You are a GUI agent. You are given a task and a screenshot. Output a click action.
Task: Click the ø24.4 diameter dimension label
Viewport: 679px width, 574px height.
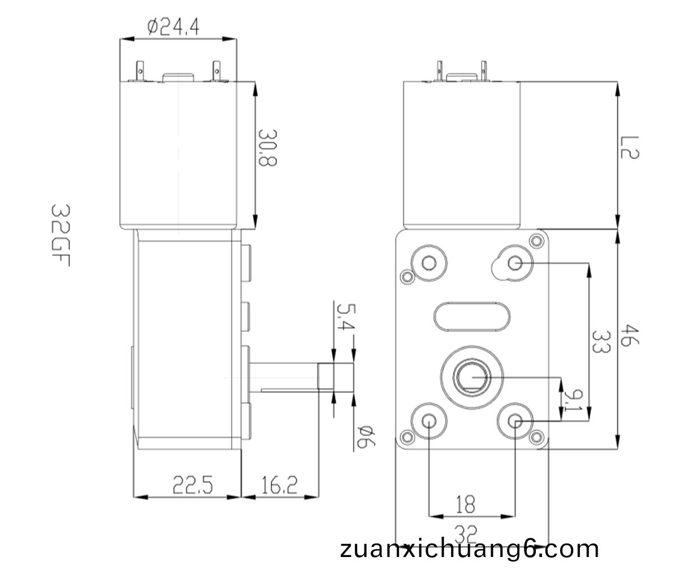(173, 27)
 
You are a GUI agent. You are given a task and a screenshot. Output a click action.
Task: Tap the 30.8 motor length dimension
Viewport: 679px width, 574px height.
(267, 148)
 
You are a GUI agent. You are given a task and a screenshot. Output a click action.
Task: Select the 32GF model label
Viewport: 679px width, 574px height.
(61, 235)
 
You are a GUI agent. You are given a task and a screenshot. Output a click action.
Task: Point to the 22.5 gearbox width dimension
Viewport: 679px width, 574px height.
(192, 485)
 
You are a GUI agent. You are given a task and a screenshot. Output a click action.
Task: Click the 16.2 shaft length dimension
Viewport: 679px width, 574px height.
(280, 485)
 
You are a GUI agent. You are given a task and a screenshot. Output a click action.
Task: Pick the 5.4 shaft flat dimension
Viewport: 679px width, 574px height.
(346, 317)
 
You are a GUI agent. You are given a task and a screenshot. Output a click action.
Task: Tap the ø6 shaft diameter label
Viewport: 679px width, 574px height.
(366, 436)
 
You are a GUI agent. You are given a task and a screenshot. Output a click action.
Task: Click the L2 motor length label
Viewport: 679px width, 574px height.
(630, 147)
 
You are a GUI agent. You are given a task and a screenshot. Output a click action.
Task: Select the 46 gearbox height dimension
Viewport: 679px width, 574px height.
(630, 335)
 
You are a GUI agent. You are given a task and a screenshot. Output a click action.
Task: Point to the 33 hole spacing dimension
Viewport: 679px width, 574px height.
(601, 342)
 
